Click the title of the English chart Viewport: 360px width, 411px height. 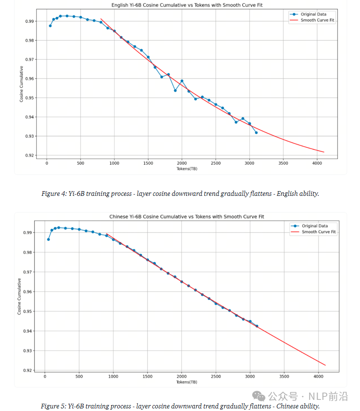187,5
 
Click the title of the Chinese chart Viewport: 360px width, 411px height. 187,216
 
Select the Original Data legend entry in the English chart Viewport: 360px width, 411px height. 308,14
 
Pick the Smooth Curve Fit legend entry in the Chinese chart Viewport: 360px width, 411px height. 313,232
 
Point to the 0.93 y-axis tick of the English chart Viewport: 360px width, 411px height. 30,136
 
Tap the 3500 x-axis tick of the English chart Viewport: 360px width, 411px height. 283,163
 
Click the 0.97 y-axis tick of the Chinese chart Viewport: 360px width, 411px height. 27,272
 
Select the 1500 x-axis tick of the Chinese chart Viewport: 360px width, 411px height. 147,376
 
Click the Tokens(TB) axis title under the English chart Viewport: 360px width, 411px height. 187,169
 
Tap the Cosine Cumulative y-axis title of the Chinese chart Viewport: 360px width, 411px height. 19,297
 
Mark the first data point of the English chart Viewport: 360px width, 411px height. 50,26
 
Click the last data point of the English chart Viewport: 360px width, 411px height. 256,132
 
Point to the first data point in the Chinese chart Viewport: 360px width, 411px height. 48,239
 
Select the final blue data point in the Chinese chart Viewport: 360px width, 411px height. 257,326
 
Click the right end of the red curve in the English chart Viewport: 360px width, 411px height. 324,152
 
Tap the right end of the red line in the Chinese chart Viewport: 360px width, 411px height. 325,365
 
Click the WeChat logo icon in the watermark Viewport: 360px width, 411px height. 259,396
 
